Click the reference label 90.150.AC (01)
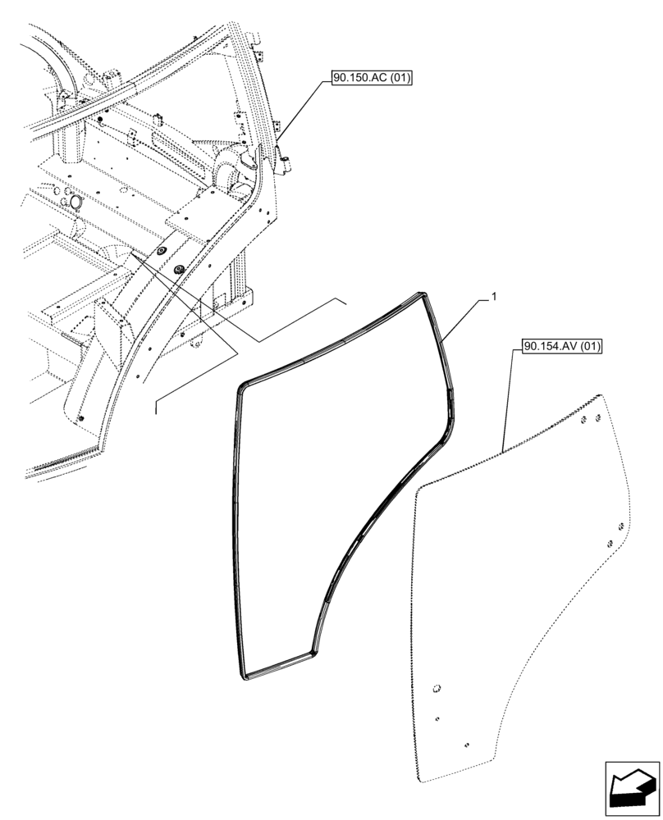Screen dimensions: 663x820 coord(372,79)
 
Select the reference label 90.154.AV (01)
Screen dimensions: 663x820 coord(561,347)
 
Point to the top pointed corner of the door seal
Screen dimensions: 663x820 coord(423,294)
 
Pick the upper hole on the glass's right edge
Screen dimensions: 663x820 coord(621,526)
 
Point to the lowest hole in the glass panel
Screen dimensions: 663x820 coord(465,745)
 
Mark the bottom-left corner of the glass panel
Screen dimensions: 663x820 coord(421,776)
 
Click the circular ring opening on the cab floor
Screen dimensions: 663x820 coord(75,202)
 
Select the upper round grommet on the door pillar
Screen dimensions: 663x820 coord(161,252)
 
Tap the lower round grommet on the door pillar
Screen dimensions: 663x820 coord(179,269)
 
